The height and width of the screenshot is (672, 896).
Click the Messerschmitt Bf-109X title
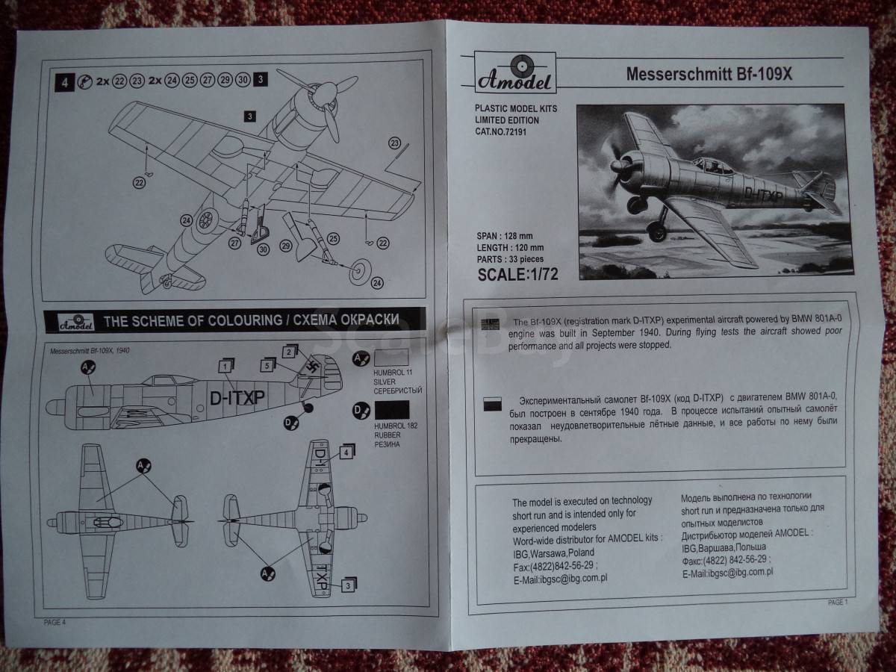tap(709, 74)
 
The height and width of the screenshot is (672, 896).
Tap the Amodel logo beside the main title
tap(515, 72)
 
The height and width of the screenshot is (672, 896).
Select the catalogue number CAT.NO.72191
tap(500, 132)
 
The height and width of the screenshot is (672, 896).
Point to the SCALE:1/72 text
tap(517, 275)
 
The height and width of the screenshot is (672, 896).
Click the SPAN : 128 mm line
tap(505, 236)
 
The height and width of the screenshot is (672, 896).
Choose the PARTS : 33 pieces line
tap(510, 259)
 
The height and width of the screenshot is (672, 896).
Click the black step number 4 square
tap(64, 82)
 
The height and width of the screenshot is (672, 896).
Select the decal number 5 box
tap(268, 365)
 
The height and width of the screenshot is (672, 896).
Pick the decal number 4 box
tap(346, 452)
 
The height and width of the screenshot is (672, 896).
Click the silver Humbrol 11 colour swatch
tap(391, 358)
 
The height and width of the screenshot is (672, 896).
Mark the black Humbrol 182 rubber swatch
tap(392, 410)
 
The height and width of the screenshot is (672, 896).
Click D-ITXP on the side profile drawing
tap(237, 398)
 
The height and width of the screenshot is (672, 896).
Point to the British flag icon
tap(490, 324)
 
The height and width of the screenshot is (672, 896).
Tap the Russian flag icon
tap(492, 403)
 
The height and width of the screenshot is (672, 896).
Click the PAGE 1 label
tap(838, 603)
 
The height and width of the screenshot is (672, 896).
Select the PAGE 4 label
tap(55, 622)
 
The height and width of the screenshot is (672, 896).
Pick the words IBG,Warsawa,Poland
tap(553, 553)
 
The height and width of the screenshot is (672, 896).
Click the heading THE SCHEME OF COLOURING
tap(192, 321)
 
